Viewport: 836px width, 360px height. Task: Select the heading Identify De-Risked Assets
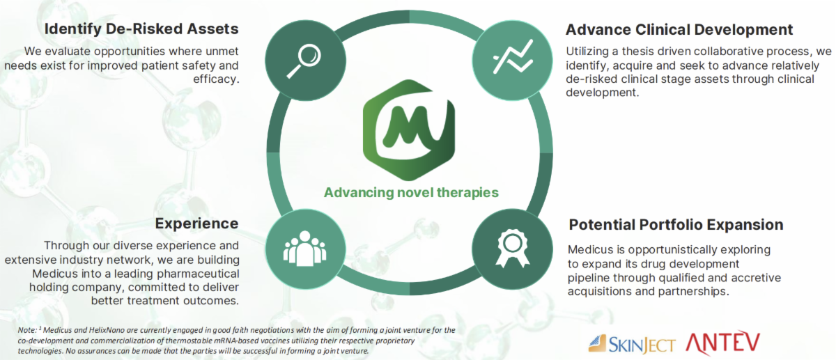point(141,29)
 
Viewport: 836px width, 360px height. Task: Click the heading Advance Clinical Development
point(679,30)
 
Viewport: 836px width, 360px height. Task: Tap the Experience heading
point(197,224)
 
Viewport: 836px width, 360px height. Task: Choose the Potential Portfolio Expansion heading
point(676,225)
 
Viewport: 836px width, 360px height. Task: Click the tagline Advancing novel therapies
point(411,192)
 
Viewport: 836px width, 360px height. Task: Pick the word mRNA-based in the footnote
point(237,340)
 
